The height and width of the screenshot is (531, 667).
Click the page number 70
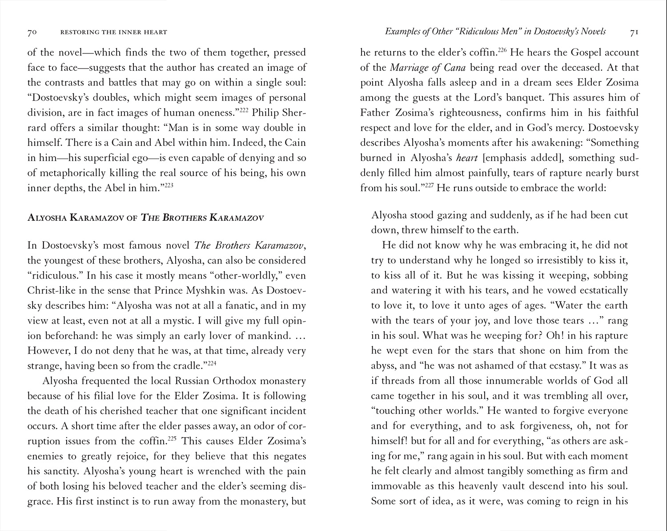[32, 32]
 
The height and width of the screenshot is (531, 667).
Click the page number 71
[635, 32]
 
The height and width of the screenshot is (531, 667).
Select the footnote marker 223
[169, 185]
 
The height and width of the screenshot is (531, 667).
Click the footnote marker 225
[173, 438]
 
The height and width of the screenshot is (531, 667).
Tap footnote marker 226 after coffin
[502, 49]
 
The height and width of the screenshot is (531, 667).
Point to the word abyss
[384, 366]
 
